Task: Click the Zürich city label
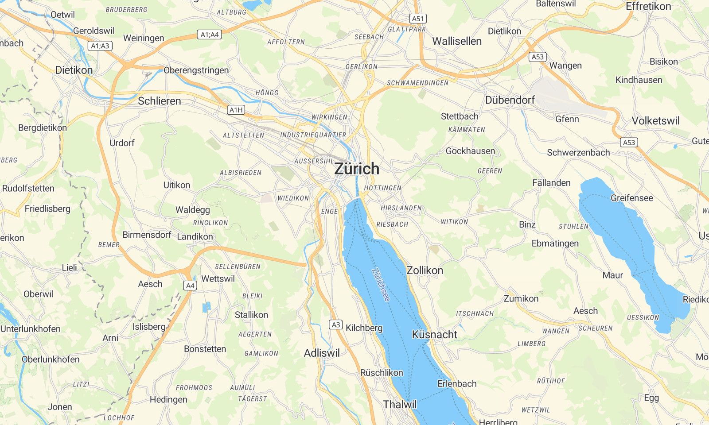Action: tap(357, 169)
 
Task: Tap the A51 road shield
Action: tap(418, 19)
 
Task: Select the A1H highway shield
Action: tap(236, 110)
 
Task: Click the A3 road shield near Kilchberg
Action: tap(336, 325)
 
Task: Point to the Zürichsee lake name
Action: tap(381, 286)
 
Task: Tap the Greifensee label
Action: tap(631, 198)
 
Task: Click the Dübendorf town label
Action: tap(510, 100)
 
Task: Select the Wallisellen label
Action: tap(456, 41)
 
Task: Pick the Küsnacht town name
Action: tap(434, 335)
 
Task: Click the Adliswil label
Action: tap(322, 353)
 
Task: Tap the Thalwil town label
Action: tap(400, 404)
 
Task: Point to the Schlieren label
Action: tap(159, 101)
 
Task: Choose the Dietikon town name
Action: tap(74, 70)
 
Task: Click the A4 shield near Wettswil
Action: tap(190, 286)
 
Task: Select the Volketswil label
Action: tap(655, 121)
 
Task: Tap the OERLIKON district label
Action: tap(361, 67)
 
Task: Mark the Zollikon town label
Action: tap(425, 270)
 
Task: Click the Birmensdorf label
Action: tap(147, 235)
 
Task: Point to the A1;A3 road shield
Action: tap(100, 46)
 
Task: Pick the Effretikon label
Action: tap(648, 7)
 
